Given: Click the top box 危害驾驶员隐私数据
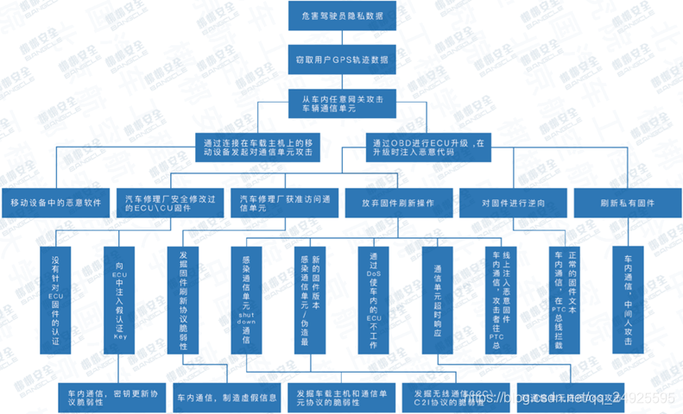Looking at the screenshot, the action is tap(344, 16).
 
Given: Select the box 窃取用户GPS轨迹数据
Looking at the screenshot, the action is tap(344, 60).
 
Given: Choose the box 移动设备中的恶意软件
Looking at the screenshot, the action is tap(56, 204).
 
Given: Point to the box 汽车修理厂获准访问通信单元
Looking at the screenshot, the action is tap(284, 204).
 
